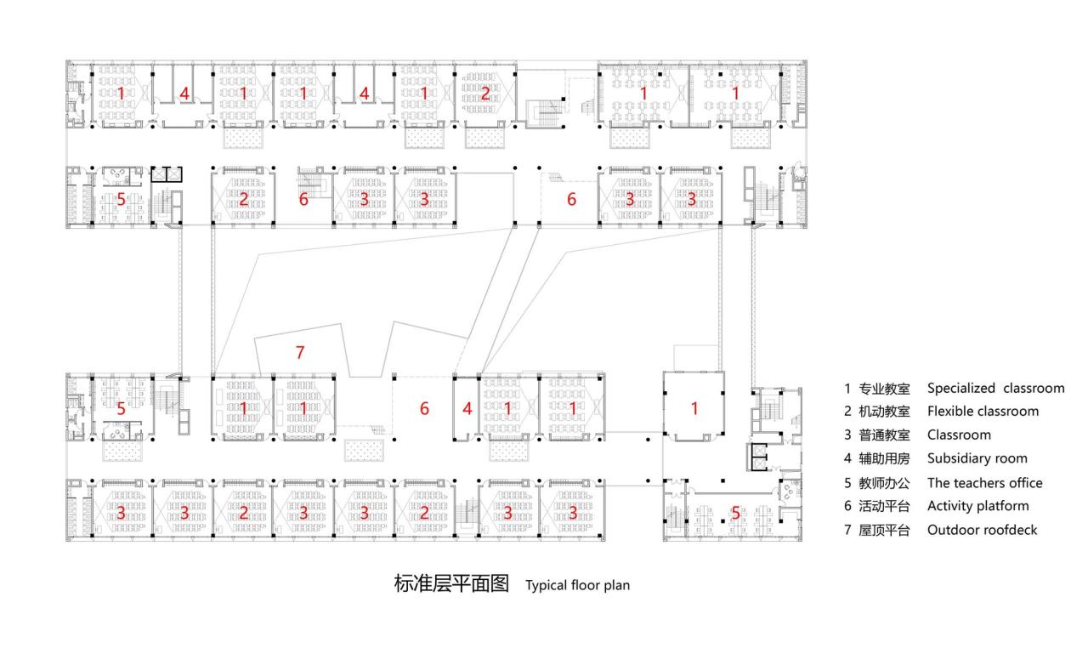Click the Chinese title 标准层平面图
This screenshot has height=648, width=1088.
(450, 584)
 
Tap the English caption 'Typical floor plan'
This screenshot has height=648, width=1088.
(577, 585)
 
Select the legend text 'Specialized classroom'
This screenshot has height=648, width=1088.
(995, 388)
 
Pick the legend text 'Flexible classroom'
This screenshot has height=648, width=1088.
(983, 412)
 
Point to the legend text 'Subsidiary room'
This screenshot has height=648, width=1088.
(977, 458)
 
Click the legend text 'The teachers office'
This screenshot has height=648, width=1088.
(984, 482)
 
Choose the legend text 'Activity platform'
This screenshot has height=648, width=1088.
(977, 506)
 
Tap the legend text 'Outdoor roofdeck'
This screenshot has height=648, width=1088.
(982, 530)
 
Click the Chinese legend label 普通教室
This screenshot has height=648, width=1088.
(884, 435)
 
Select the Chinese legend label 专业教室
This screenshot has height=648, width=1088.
(884, 389)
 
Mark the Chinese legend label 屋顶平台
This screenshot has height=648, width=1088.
(884, 531)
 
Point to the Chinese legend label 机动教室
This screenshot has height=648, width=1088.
(884, 412)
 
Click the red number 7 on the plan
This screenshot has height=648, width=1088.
(299, 352)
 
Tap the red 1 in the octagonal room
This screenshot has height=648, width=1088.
(694, 408)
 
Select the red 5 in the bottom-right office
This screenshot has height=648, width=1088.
(736, 513)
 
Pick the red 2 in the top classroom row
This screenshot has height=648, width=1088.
(484, 94)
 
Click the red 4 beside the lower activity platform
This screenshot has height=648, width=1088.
(467, 409)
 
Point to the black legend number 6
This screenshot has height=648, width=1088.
(847, 506)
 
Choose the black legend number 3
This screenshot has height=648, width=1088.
(847, 435)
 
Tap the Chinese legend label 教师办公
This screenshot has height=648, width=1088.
(884, 483)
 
